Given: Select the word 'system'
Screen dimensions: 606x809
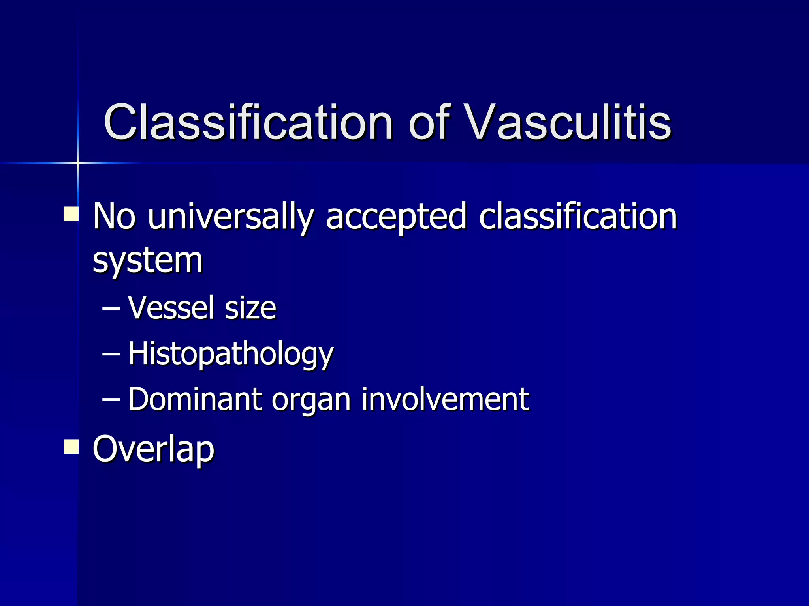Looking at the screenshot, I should [x=147, y=261].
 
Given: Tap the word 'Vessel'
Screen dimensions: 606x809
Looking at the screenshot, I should [x=171, y=308].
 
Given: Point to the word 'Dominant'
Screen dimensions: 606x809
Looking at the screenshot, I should [x=195, y=399].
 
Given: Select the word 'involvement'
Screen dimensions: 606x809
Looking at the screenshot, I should [x=445, y=399].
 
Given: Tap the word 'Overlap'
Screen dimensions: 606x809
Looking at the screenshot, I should [x=153, y=449].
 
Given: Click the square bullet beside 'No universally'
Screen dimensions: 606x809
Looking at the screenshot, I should [x=71, y=214].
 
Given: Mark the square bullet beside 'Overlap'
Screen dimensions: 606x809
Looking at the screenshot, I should [x=71, y=447].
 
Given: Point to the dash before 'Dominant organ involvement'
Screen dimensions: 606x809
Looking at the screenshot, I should [x=111, y=400].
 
